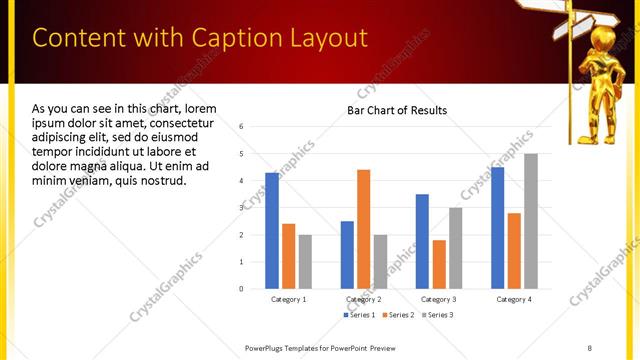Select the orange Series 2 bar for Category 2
coord(363,229)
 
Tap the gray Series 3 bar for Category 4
coord(531,221)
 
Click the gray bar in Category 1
coord(305,261)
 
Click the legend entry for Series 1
coord(360,315)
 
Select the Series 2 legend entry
coord(397,315)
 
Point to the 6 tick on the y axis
coord(241,127)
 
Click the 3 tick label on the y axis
coord(241,208)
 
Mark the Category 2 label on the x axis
coord(363,299)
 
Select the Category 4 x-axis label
coord(514,299)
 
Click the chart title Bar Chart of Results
coord(397,110)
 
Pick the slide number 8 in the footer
coord(589,347)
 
